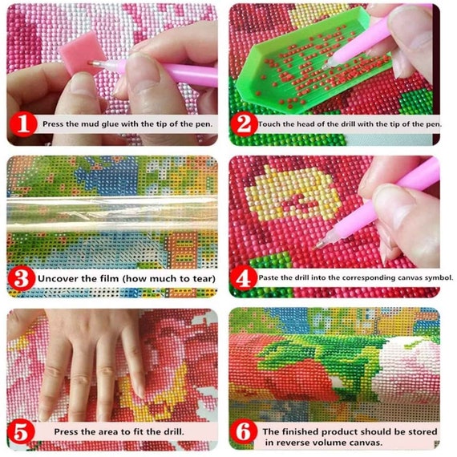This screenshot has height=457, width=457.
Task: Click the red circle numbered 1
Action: tap(23, 124)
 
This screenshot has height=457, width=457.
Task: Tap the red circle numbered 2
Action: tap(244, 124)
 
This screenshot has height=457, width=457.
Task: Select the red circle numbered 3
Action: tap(22, 278)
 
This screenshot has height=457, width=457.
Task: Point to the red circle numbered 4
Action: tap(244, 278)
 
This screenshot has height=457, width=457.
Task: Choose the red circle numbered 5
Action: tap(21, 431)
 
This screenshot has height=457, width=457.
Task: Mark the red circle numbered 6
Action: tap(244, 432)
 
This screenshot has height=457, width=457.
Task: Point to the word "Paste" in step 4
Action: tap(269, 277)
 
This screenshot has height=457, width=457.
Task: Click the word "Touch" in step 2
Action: tap(269, 123)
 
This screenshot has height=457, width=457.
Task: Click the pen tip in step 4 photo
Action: tap(318, 245)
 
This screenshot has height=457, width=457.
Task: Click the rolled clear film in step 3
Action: tap(112, 215)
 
